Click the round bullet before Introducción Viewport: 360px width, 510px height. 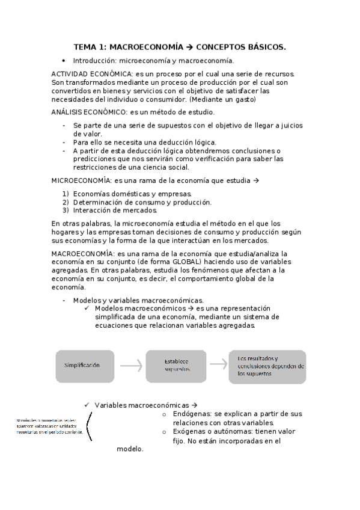click(64, 61)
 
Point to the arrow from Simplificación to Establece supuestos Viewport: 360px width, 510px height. click(130, 365)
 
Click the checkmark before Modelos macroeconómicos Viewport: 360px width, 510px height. click(88, 309)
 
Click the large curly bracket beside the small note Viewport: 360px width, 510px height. click(90, 426)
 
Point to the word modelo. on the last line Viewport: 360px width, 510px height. click(130, 449)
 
